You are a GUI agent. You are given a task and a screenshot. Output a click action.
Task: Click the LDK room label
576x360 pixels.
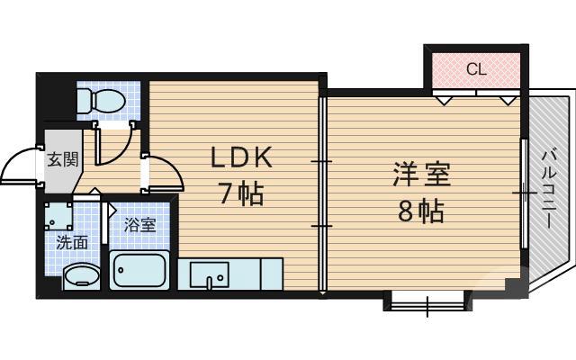coord(240,158)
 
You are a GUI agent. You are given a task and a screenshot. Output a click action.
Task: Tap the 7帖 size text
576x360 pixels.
coord(240,193)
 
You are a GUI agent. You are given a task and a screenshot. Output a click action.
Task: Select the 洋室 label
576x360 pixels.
coord(420,175)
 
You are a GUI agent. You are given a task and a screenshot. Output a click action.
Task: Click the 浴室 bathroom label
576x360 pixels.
coord(140,224)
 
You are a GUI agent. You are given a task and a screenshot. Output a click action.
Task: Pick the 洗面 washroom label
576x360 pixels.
coord(71,241)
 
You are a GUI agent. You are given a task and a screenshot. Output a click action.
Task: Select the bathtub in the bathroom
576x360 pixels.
coord(139,269)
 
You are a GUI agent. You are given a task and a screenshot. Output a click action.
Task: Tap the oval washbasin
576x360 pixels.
coord(82,275)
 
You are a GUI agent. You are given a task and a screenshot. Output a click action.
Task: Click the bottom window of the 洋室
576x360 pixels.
coord(424,301)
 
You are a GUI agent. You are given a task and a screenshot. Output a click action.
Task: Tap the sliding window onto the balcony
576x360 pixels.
coord(524,191)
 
